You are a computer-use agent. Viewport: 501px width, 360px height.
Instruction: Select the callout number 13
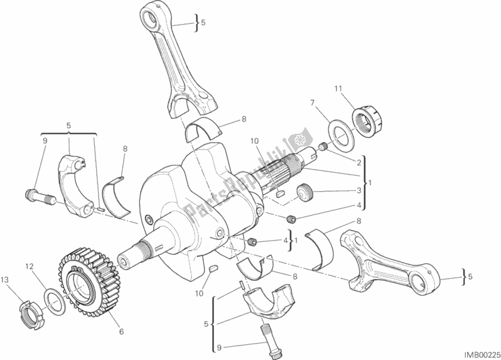click(x=6, y=278)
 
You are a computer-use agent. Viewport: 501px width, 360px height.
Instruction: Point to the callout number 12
click(x=28, y=267)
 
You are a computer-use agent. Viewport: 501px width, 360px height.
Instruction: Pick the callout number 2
click(x=358, y=161)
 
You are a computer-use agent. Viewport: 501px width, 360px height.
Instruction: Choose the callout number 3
click(x=358, y=190)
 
